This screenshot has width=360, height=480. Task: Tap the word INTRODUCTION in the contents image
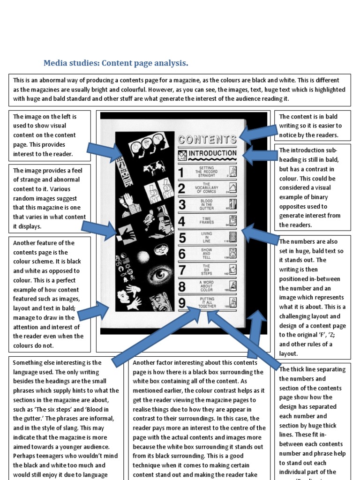point(212,153)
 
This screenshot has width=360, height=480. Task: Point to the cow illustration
point(155,167)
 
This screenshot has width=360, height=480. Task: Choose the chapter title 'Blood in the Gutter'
point(207,204)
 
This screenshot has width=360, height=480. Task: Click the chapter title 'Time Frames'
point(207,220)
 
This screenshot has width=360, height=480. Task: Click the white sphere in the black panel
point(143,257)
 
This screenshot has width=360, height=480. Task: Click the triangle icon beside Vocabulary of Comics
point(233,188)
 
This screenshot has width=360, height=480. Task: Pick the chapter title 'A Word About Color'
point(207,285)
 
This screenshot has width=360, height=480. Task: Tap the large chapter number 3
point(182,204)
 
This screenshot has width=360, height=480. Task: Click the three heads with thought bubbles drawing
point(147,145)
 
